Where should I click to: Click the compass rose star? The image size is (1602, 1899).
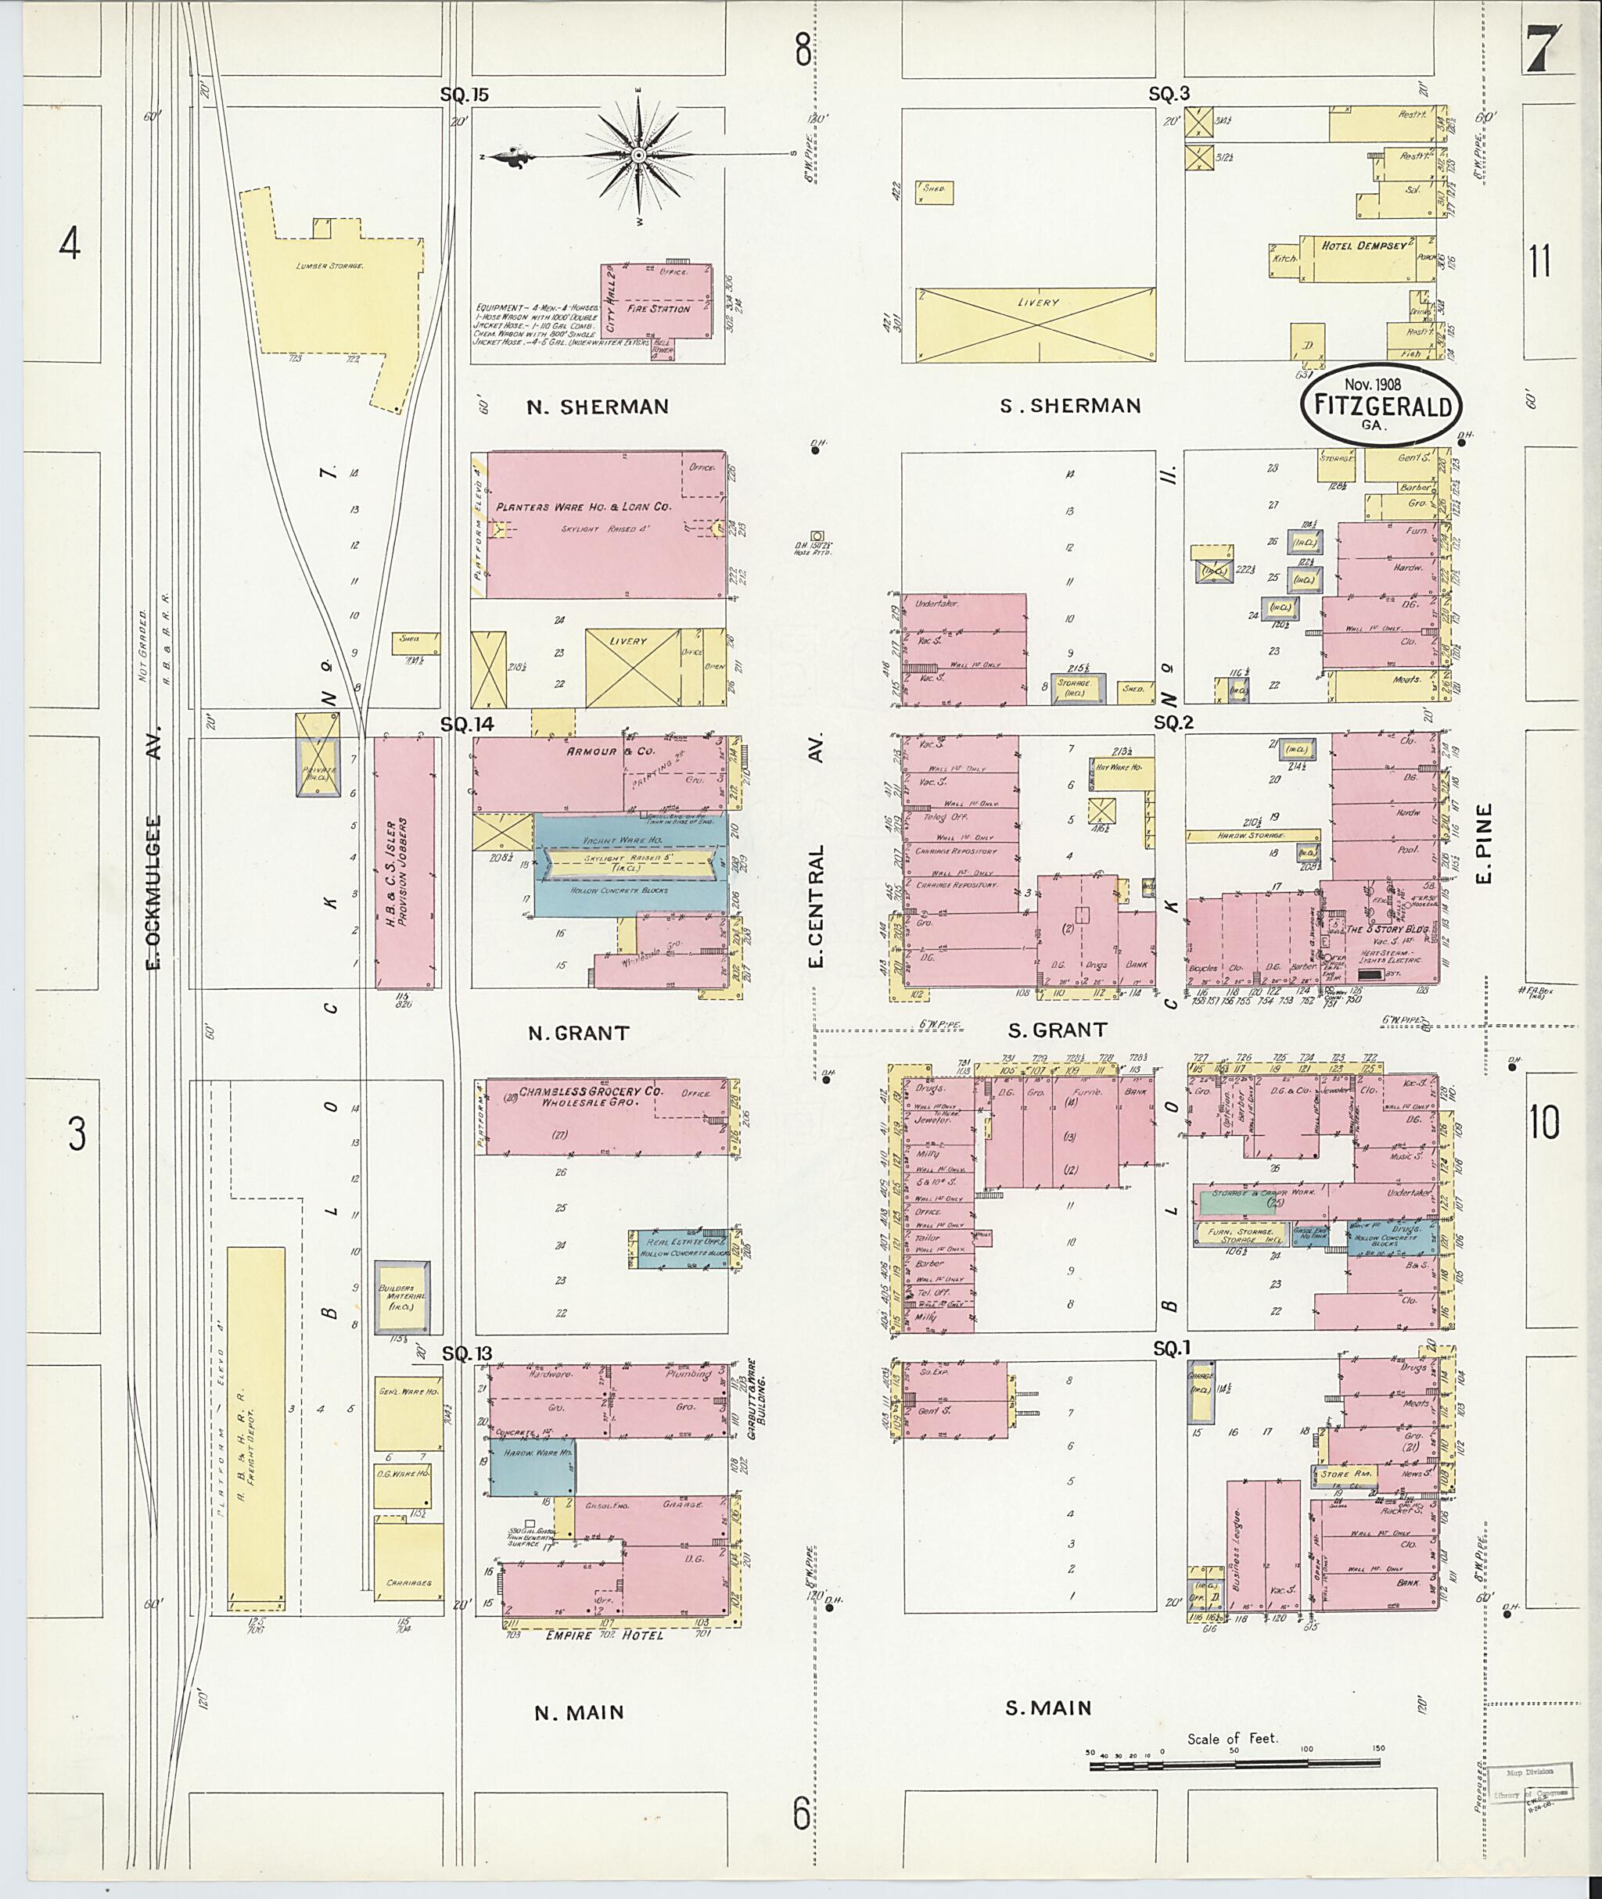(638, 156)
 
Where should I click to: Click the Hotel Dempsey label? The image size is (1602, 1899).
(1364, 245)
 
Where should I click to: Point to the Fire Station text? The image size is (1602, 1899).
(659, 309)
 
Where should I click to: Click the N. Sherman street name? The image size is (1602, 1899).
(598, 407)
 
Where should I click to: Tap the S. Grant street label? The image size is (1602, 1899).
(1057, 1030)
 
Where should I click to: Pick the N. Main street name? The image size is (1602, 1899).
(579, 1713)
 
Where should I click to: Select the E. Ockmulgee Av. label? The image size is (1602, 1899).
(153, 846)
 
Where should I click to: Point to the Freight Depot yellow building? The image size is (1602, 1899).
(255, 1430)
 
